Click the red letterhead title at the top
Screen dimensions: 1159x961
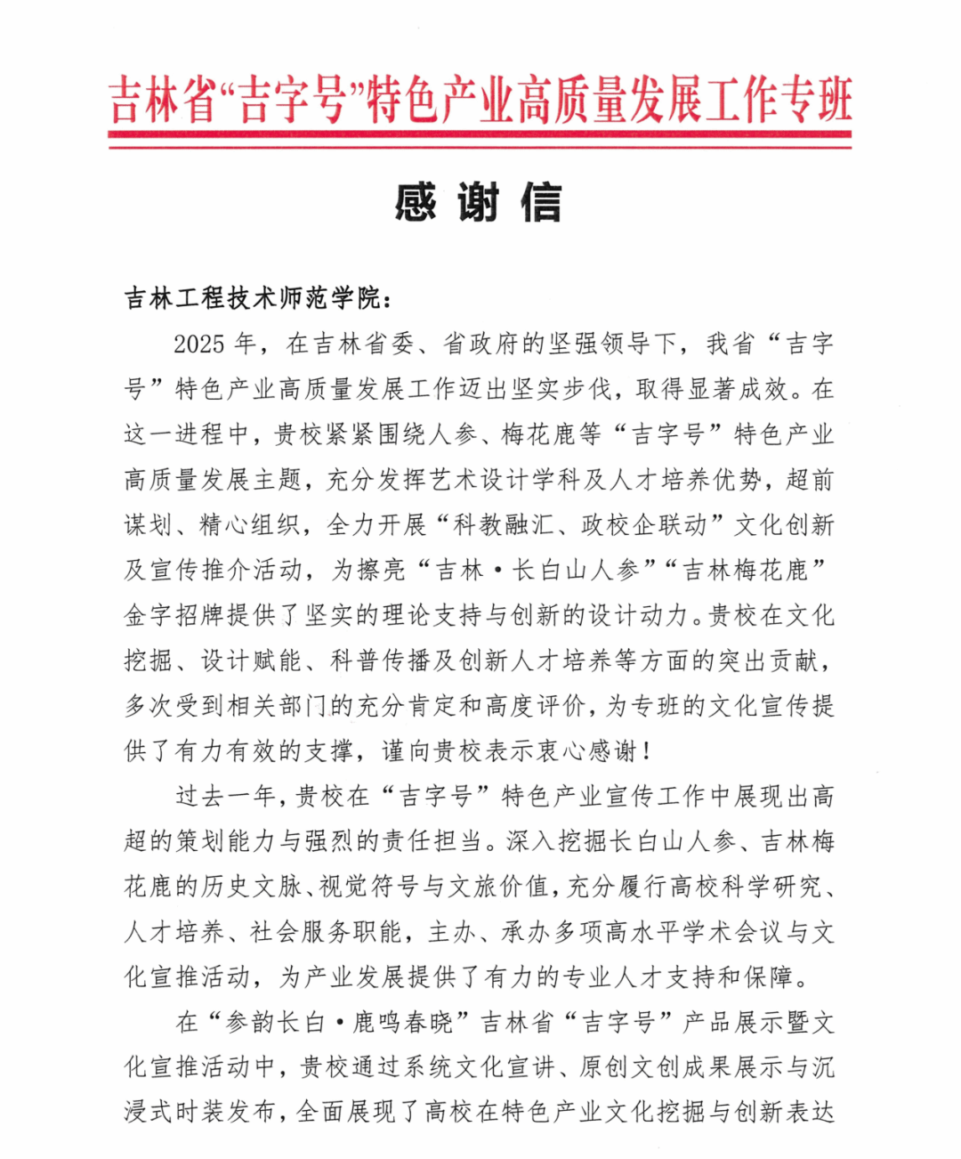480,99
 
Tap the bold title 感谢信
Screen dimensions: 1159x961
479,203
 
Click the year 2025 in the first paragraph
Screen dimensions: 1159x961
202,344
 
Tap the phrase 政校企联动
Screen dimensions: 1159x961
644,525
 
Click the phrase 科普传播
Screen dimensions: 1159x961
381,661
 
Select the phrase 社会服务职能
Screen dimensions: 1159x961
328,932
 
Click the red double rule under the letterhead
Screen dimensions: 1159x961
480,139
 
